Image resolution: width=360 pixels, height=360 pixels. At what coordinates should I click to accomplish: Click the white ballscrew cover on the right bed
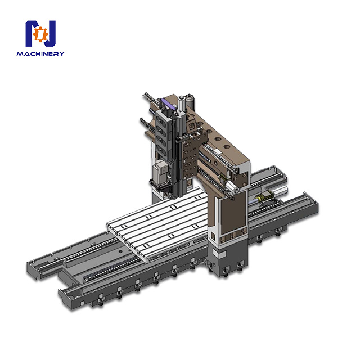point(281,194)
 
